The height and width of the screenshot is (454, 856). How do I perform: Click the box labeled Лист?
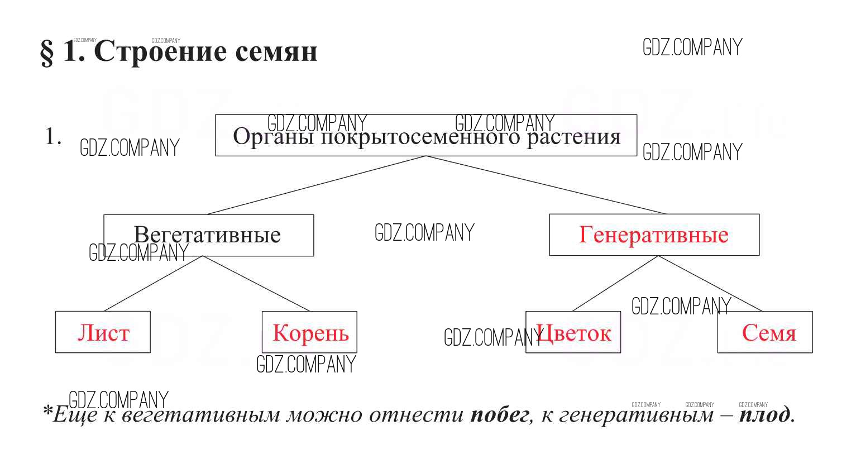click(x=103, y=332)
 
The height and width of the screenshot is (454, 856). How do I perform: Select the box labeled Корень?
click(x=310, y=332)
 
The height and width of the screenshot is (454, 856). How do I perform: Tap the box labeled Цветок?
click(x=573, y=332)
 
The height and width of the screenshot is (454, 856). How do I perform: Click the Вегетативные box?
click(x=208, y=235)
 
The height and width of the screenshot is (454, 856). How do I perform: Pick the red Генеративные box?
click(x=654, y=235)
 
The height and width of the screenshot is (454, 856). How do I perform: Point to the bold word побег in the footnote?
click(x=499, y=414)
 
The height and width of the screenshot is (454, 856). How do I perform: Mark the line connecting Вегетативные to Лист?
click(x=154, y=283)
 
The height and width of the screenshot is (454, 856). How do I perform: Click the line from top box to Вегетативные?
click(x=317, y=185)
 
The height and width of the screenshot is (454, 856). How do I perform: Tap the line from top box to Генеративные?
click(x=546, y=185)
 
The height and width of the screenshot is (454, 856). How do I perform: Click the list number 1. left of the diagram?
click(x=53, y=137)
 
